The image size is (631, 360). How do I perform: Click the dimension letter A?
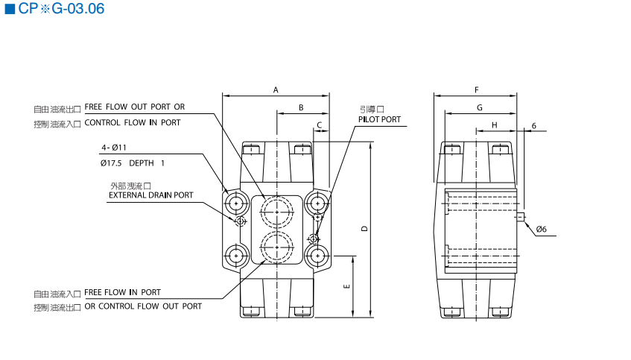276,90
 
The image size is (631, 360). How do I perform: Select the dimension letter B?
301,108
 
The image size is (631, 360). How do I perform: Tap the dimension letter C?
319,124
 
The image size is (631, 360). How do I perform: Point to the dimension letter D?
364,229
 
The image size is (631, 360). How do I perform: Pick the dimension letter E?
347,287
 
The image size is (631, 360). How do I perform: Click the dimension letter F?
476,90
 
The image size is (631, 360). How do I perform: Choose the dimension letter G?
480,108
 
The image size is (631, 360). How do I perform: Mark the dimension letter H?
494,124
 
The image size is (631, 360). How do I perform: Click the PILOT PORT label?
379,119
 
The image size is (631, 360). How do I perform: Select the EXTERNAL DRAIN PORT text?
151,195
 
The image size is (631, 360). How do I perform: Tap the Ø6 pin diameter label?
541,230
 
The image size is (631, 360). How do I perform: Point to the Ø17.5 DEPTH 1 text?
133,162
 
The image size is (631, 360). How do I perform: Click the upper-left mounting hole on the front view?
237,202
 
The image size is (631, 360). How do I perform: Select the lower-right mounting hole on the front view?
317,255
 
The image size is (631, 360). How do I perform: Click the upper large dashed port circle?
277,212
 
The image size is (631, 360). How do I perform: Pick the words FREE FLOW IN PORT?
122,292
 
